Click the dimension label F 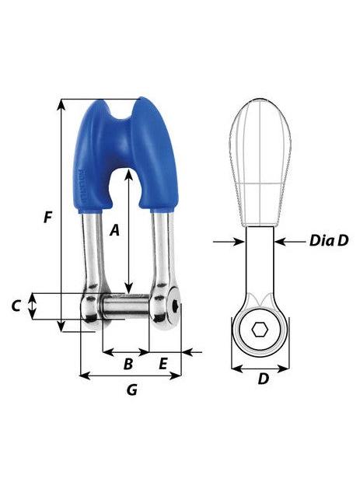pyautogui.click(x=48, y=218)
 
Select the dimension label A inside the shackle pyautogui.click(x=114, y=229)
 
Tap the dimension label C pyautogui.click(x=16, y=306)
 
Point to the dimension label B pyautogui.click(x=128, y=363)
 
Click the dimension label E pyautogui.click(x=163, y=363)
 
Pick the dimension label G pyautogui.click(x=131, y=390)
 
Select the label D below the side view pyautogui.click(x=263, y=379)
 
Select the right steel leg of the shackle pyautogui.click(x=161, y=249)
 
